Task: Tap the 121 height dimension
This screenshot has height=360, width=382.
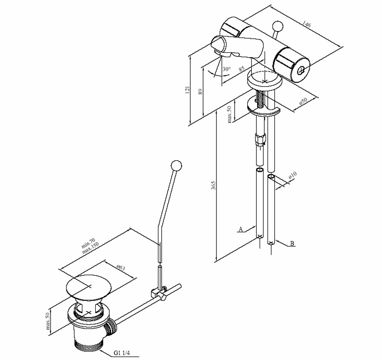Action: coord(187,90)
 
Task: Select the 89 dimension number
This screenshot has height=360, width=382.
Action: coord(200,91)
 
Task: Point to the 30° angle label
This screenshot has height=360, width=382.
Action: coord(226,69)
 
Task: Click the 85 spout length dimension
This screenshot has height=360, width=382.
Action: coord(241,68)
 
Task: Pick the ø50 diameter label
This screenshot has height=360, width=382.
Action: coord(303,102)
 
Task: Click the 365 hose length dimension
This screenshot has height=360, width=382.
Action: coord(213,185)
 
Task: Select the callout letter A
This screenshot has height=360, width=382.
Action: coord(241,229)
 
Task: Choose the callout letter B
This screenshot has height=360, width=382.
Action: coord(292,243)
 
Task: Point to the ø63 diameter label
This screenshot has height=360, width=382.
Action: coord(121,268)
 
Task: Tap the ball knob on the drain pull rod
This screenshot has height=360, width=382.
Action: coord(176,166)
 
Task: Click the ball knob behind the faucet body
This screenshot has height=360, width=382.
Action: coord(277,26)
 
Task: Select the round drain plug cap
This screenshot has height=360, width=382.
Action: coord(88,288)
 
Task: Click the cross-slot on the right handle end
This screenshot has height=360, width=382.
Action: coord(302,71)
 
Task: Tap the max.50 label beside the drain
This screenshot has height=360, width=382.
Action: coord(48,321)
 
